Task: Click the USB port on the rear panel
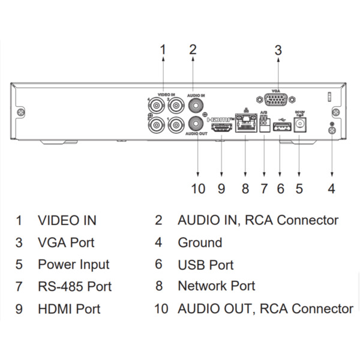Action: click(x=280, y=127)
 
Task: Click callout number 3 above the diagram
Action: click(x=278, y=50)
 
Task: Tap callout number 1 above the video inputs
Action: click(x=163, y=50)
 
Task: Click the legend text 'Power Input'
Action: click(x=73, y=265)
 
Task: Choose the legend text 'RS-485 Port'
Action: click(x=74, y=287)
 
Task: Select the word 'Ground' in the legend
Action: click(x=200, y=243)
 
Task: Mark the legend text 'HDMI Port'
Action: click(x=69, y=309)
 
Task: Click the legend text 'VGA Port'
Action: click(x=66, y=243)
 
